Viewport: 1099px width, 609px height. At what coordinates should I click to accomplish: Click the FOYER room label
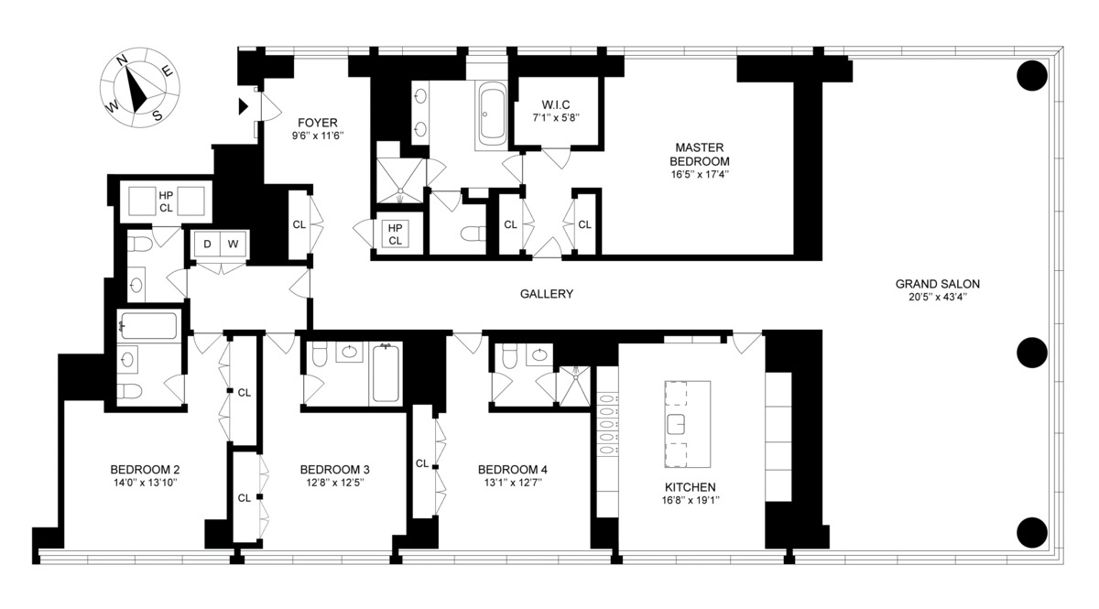(x=318, y=122)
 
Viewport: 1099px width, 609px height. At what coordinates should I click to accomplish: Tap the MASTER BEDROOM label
(x=700, y=154)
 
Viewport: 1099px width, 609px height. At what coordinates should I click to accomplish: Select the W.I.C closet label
(x=556, y=104)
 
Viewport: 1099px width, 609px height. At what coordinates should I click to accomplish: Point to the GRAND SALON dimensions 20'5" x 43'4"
(x=938, y=297)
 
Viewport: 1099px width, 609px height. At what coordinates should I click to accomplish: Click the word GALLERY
(x=547, y=294)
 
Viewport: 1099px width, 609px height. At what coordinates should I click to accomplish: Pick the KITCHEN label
(x=691, y=487)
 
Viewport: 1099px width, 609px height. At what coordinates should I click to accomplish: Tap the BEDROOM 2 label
(x=145, y=470)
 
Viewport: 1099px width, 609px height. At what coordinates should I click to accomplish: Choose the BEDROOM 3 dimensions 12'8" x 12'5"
(x=334, y=483)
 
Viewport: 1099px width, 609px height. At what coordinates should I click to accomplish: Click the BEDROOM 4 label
(x=513, y=470)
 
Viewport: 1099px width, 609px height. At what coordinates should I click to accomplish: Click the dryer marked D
(x=208, y=244)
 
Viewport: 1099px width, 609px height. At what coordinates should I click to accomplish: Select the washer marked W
(x=233, y=244)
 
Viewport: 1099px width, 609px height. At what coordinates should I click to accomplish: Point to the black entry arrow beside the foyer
(x=244, y=106)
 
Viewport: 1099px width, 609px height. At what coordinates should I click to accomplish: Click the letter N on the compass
(x=122, y=60)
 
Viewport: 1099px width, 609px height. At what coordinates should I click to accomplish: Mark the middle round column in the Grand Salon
(x=1032, y=353)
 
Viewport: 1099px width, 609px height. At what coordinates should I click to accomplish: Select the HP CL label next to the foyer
(x=395, y=234)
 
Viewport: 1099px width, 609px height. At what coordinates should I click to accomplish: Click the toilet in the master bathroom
(x=473, y=234)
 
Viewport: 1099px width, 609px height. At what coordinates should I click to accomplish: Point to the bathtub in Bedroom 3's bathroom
(x=386, y=374)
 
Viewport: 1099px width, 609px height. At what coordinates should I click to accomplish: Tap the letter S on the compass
(x=157, y=115)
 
